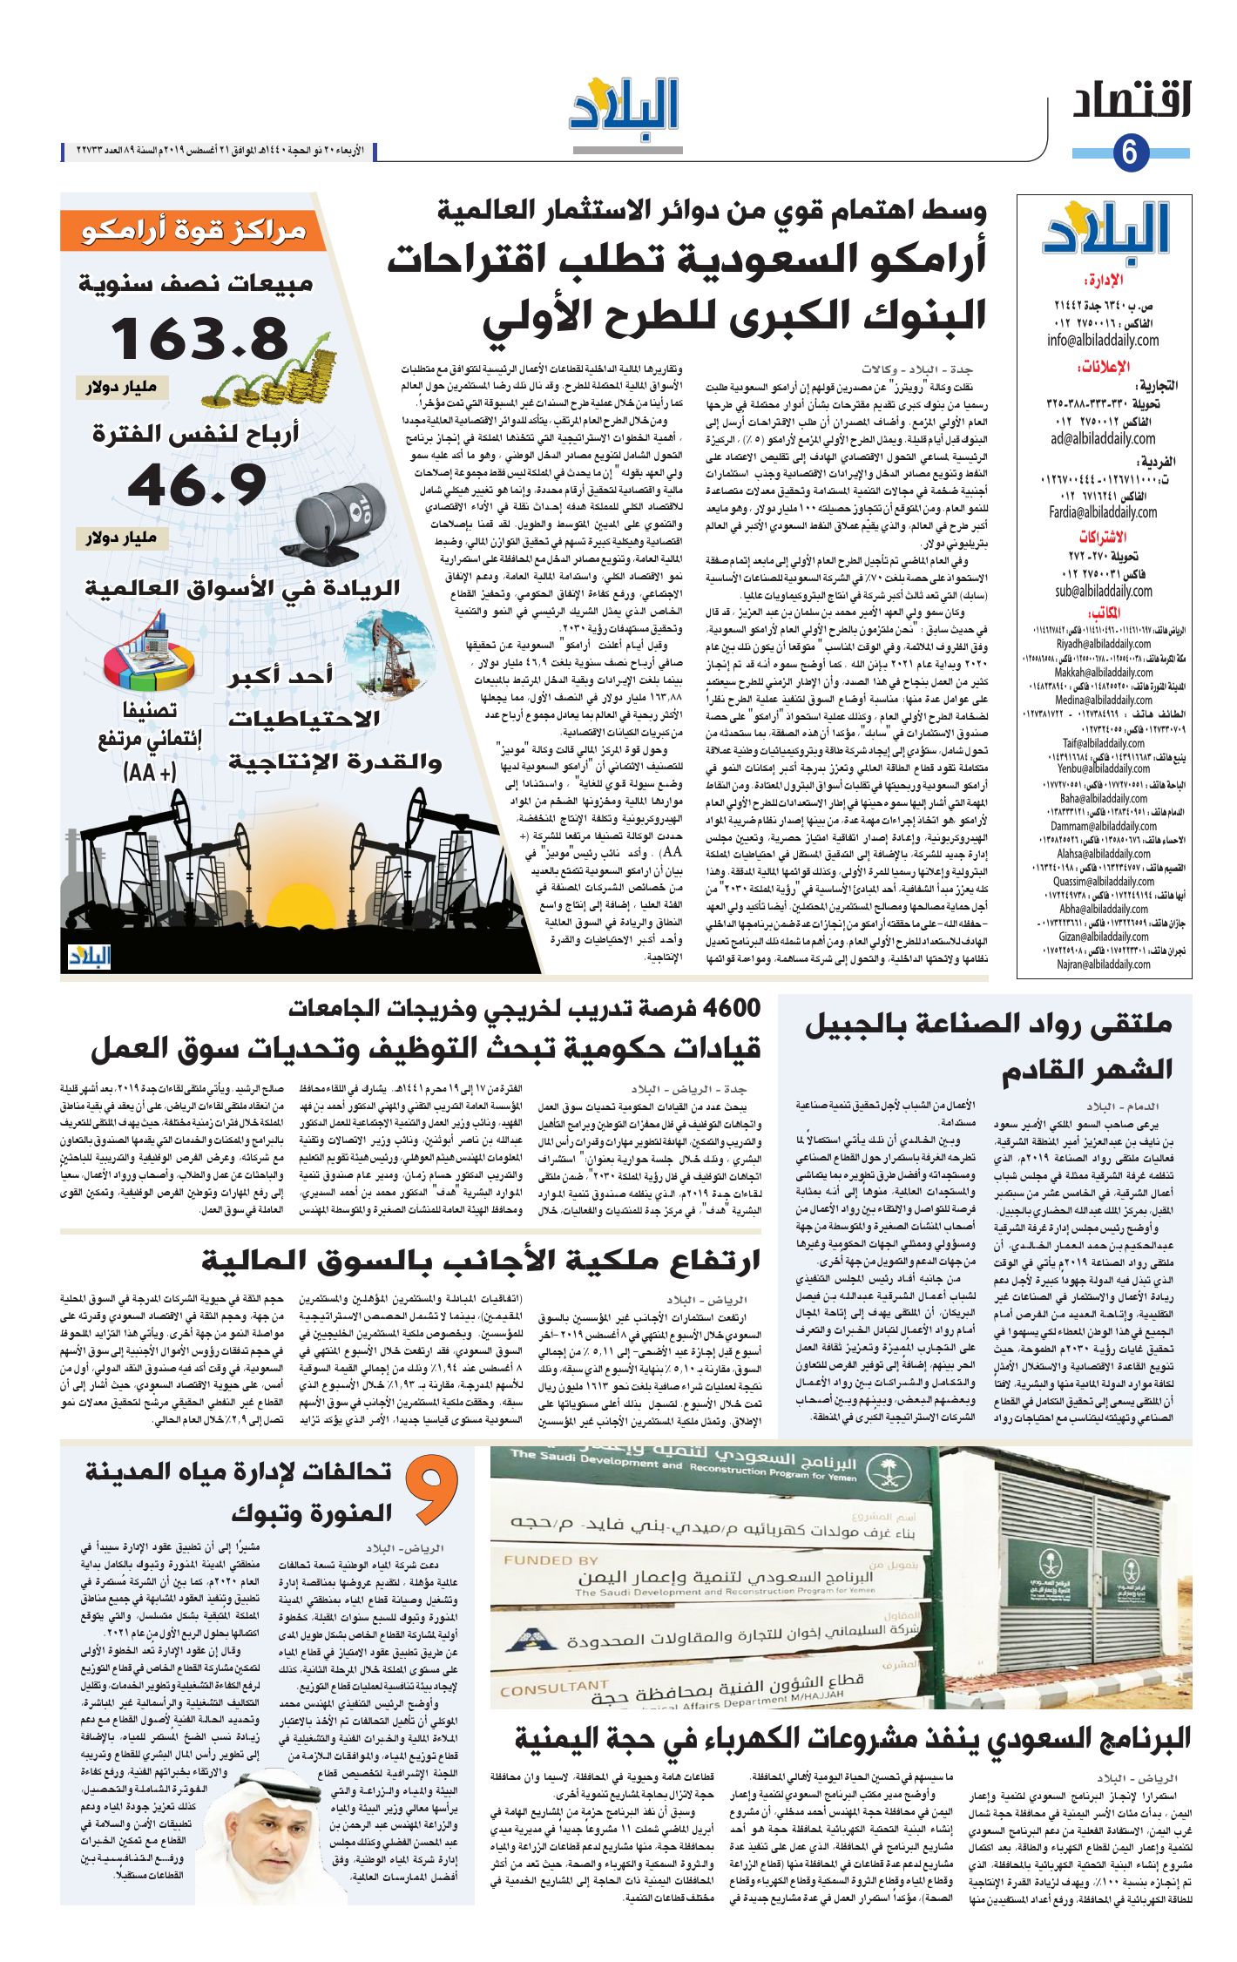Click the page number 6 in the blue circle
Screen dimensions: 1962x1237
tap(1130, 152)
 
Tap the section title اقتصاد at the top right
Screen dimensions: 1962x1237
tap(1132, 100)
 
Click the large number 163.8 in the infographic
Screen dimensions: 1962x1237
tap(199, 337)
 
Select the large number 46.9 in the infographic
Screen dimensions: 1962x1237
tap(198, 484)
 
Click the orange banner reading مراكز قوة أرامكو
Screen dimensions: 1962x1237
tap(193, 231)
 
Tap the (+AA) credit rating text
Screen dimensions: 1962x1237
tap(150, 771)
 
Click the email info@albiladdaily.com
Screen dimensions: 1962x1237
tap(1103, 341)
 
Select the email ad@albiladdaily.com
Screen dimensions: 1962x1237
tap(1103, 439)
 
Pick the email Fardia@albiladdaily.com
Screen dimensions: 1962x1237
tap(1103, 512)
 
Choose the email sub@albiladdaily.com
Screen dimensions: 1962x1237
tap(1103, 592)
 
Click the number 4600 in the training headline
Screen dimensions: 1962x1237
tap(731, 1008)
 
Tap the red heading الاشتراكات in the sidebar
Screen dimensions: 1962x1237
tap(1103, 537)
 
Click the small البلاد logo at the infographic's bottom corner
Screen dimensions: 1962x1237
tap(90, 957)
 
